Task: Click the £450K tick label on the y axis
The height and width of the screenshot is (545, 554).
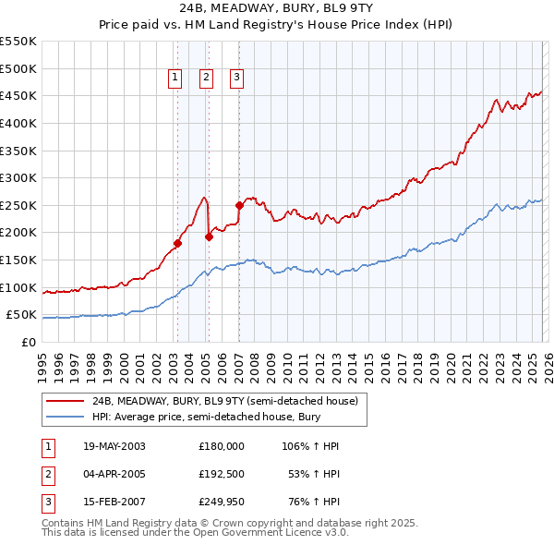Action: (18, 95)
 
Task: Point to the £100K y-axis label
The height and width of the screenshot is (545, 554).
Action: (18, 287)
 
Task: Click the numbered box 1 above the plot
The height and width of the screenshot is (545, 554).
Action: (175, 79)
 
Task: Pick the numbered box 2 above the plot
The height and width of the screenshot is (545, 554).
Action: (206, 79)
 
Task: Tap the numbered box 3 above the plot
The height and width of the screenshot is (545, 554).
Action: (236, 79)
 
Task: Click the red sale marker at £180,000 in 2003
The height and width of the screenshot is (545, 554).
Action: (177, 244)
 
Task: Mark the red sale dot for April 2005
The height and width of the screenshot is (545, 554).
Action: (209, 236)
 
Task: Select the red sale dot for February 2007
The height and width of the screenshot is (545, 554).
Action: (239, 205)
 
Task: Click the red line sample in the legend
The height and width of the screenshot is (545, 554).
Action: (66, 401)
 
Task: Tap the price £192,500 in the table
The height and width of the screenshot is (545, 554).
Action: (221, 475)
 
